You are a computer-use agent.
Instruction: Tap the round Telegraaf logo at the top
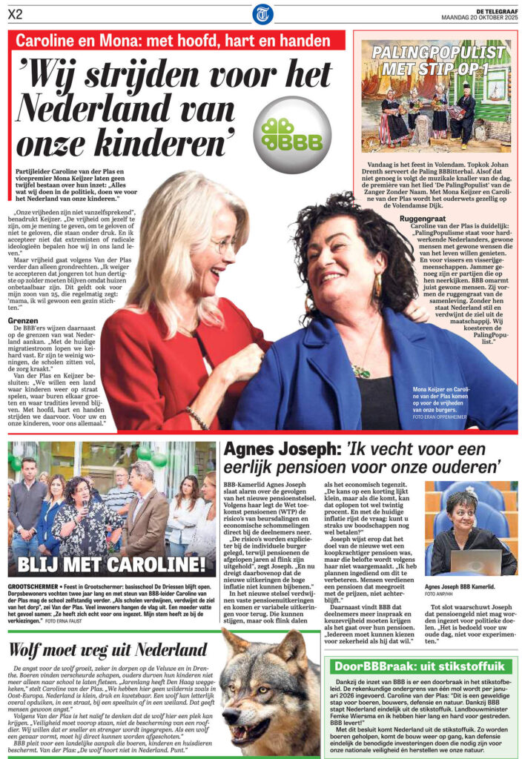pos(262,13)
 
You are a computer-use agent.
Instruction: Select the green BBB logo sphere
pos(292,135)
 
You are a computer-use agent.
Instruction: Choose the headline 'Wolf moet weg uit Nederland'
pos(108,651)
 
